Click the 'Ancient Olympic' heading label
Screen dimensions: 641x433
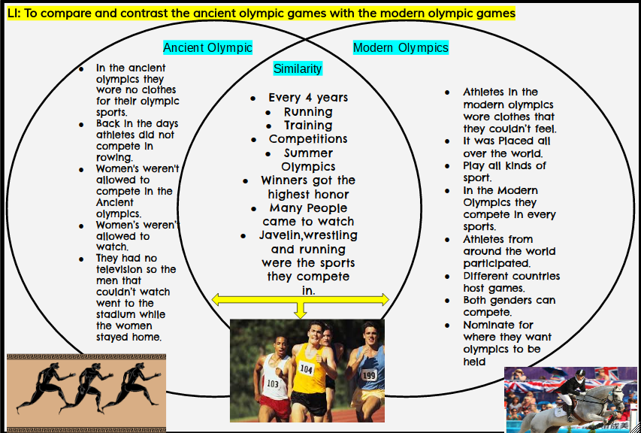[x=207, y=48]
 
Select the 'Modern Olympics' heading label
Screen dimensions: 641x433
[x=401, y=48]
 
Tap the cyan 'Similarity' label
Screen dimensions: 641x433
[x=298, y=69]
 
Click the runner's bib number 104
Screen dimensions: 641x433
[x=307, y=369]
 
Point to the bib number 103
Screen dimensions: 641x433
[x=273, y=383]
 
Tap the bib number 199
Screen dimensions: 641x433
[x=368, y=374]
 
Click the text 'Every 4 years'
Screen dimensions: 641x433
[x=308, y=98]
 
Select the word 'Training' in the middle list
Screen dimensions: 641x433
[x=308, y=126]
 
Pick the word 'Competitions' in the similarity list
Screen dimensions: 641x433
[x=308, y=139]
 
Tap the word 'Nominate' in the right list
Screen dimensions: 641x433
[x=488, y=326]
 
